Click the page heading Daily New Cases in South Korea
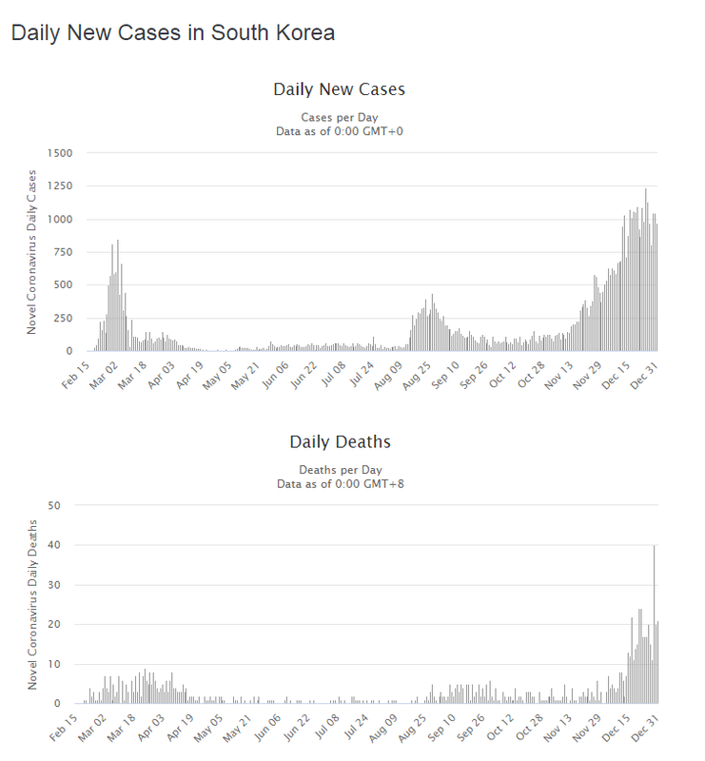point(172,32)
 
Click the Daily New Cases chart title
point(339,89)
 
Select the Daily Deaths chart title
point(340,442)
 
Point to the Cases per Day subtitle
point(340,117)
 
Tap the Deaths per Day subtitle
point(340,470)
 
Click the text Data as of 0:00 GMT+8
point(340,483)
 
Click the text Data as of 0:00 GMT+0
point(340,130)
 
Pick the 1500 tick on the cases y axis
point(59,153)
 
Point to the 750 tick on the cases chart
point(63,252)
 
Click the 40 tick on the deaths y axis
point(67,545)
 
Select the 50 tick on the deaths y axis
point(67,505)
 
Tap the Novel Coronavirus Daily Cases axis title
point(31,252)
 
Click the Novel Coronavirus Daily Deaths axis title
point(31,605)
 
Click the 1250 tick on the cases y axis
point(59,186)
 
